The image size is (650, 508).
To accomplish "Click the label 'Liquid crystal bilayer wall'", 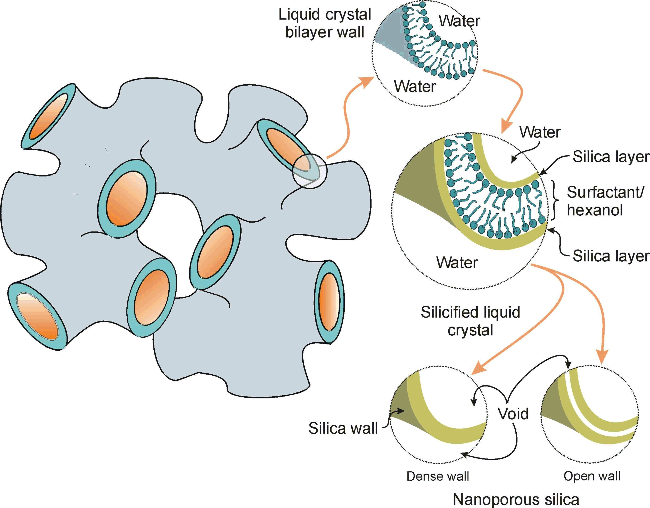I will pyautogui.click(x=325, y=23).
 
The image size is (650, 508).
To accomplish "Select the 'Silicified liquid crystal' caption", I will pyautogui.click(x=470, y=321).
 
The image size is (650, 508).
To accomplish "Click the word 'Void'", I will pyautogui.click(x=513, y=414).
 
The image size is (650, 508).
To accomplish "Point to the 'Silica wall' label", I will pyautogui.click(x=343, y=428).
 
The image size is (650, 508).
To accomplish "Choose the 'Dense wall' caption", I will pyautogui.click(x=438, y=476).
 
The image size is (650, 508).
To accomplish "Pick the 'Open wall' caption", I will pyautogui.click(x=592, y=476).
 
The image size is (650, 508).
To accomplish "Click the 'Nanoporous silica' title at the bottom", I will pyautogui.click(x=516, y=500).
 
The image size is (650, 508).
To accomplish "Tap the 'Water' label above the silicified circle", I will pyautogui.click(x=540, y=132).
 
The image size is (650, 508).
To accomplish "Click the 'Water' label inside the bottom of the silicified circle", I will pyautogui.click(x=457, y=263).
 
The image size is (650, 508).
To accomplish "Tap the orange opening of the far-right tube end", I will pyautogui.click(x=329, y=302).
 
